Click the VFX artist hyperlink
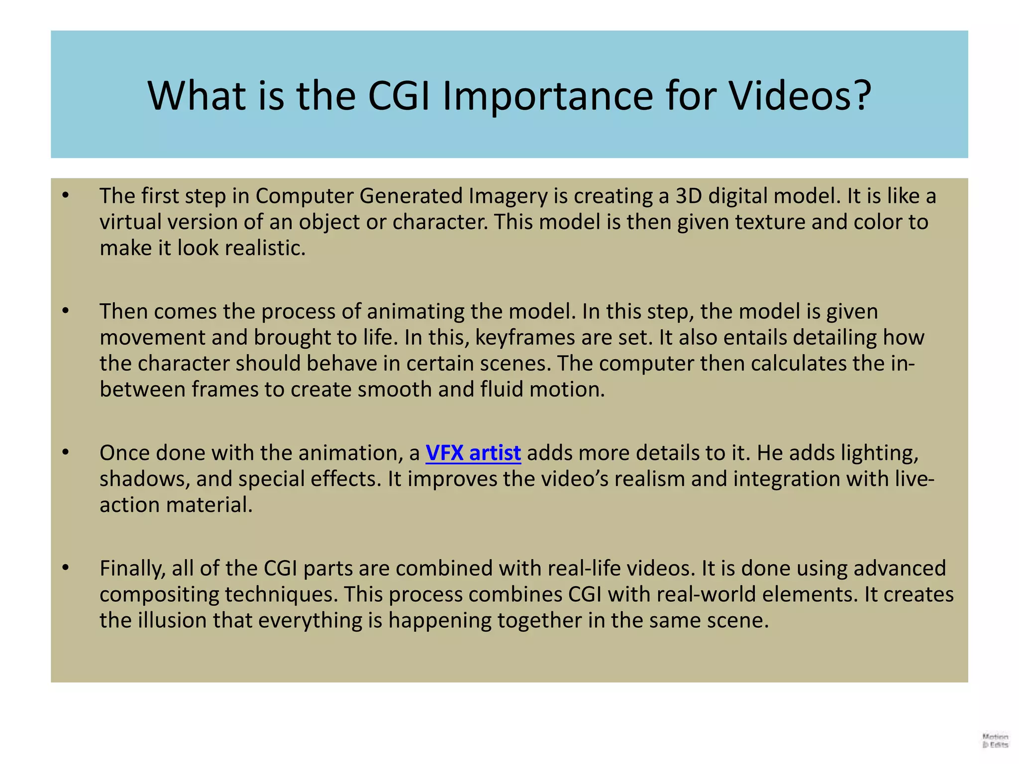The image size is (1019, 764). [473, 453]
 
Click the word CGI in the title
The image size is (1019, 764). [399, 95]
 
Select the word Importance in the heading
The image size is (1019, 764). [547, 95]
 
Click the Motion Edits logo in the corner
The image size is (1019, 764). [995, 741]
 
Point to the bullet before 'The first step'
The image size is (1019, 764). [65, 196]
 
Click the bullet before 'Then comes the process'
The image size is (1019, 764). [65, 311]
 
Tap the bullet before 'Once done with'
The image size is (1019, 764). [65, 453]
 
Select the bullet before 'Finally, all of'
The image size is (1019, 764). [65, 568]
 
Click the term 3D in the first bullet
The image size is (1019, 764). [689, 196]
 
